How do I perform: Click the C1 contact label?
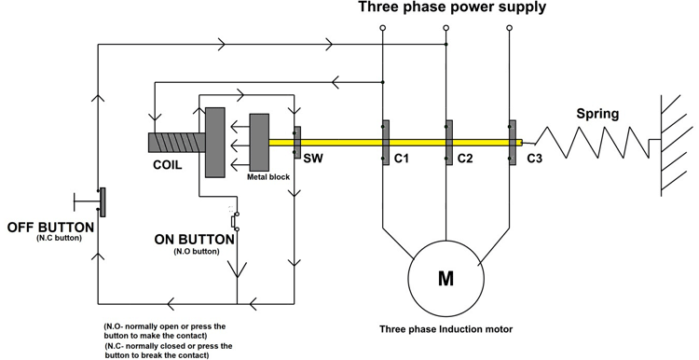coord(402,159)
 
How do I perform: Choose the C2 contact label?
coord(466,159)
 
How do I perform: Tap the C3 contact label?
coord(534,159)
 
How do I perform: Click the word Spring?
coord(597,114)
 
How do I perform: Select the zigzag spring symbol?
coord(587,143)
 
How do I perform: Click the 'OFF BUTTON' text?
coord(50,227)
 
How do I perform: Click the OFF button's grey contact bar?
coord(103,202)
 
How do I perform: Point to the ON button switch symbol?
coord(235,221)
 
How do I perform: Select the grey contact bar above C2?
coord(448,143)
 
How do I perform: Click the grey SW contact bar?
coord(296,143)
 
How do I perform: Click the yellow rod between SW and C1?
coord(340,143)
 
